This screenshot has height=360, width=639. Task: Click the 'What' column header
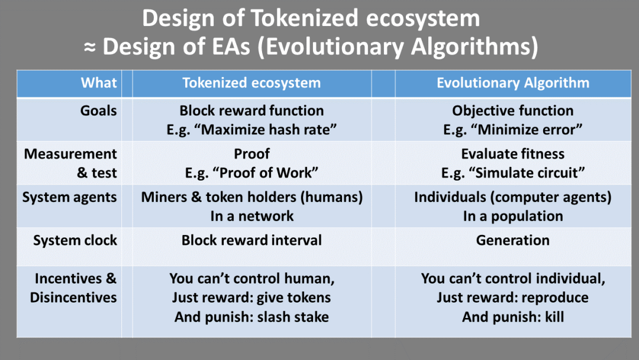tap(99, 83)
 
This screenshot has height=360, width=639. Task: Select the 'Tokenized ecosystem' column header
tap(251, 83)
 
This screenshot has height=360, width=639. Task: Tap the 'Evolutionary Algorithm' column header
tap(513, 83)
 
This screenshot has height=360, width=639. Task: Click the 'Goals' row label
tap(98, 111)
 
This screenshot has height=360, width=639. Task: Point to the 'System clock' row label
tap(75, 240)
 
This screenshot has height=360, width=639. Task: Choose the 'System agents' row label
tap(69, 197)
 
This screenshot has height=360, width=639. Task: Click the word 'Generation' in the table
tap(512, 240)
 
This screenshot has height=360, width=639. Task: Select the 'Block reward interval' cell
tap(251, 240)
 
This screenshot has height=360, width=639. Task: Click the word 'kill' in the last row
tap(554, 317)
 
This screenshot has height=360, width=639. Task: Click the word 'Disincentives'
tap(73, 298)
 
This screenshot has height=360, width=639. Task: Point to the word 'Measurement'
tap(70, 154)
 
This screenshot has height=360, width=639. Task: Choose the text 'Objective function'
tap(512, 111)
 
